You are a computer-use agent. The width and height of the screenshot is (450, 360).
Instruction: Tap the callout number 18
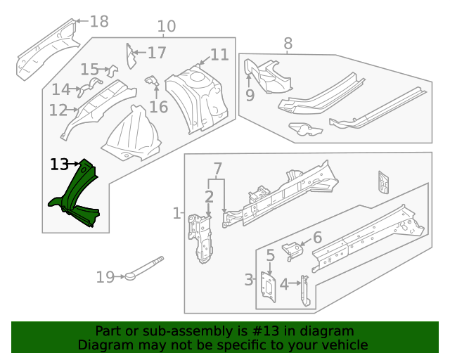(x=99, y=22)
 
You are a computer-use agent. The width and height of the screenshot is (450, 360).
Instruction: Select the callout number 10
(x=166, y=27)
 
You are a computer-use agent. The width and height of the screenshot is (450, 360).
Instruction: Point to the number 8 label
(x=288, y=44)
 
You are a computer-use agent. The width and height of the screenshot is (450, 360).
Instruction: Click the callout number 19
(x=105, y=278)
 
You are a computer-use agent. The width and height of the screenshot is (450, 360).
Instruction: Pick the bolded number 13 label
(x=60, y=165)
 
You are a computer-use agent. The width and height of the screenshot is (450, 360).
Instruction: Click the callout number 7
(x=217, y=169)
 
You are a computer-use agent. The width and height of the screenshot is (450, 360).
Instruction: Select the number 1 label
(x=176, y=212)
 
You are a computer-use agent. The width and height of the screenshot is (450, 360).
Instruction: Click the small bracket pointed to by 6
(x=290, y=248)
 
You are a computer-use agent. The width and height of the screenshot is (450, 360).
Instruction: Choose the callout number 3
(x=249, y=281)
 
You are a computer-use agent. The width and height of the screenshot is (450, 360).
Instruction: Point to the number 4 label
(x=284, y=285)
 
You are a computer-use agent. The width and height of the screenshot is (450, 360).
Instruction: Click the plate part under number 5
(x=269, y=287)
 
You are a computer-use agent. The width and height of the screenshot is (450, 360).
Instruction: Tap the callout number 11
(x=219, y=55)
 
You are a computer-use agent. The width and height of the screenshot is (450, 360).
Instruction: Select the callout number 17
(x=157, y=53)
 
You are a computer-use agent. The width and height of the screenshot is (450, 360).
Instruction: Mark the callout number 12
(x=58, y=110)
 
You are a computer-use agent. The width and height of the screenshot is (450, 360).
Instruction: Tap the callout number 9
(x=250, y=96)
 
